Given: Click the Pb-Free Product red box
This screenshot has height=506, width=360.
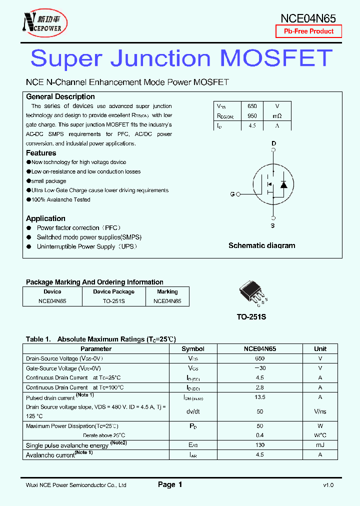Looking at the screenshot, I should pyautogui.click(x=308, y=31).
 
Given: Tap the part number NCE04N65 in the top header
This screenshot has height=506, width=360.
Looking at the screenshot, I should pyautogui.click(x=307, y=18).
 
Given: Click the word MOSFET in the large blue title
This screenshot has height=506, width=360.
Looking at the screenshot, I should pyautogui.click(x=276, y=58).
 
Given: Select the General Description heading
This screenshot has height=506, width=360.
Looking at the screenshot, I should pyautogui.click(x=60, y=96).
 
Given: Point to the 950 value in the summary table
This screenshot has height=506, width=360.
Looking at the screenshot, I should pyautogui.click(x=252, y=116).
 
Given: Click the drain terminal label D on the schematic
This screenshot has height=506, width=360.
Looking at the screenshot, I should pyautogui.click(x=273, y=143).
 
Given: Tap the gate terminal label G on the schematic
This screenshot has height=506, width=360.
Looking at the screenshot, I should pyautogui.click(x=232, y=194).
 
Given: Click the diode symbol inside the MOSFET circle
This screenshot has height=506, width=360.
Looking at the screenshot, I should pyautogui.click(x=283, y=184).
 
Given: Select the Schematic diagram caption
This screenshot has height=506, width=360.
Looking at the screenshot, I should pyautogui.click(x=261, y=245).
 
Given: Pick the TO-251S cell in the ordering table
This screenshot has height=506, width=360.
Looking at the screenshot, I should pyautogui.click(x=113, y=301).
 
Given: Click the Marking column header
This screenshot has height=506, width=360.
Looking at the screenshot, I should pyautogui.click(x=167, y=291).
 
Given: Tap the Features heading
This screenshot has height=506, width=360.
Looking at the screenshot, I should pyautogui.click(x=41, y=153).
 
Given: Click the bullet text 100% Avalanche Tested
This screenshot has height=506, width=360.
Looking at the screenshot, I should pyautogui.click(x=60, y=199).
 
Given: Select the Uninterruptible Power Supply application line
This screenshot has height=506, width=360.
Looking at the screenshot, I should pyautogui.click(x=86, y=246).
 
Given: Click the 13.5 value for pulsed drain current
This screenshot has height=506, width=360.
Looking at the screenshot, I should pyautogui.click(x=259, y=397).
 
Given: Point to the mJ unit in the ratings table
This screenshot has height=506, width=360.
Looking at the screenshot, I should pyautogui.click(x=320, y=445).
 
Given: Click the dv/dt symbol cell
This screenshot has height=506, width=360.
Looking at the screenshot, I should pyautogui.click(x=192, y=411).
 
